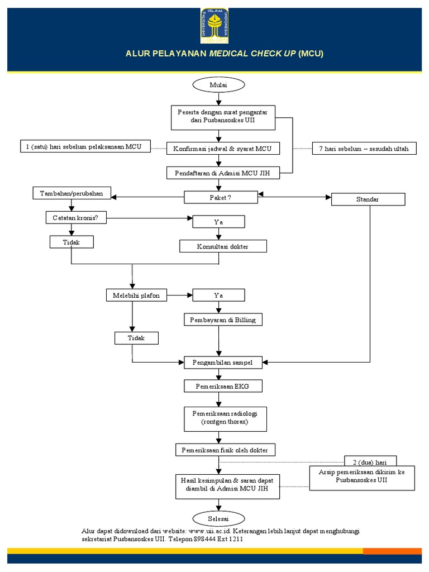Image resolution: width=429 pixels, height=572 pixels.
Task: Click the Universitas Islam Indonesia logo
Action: click(x=214, y=26)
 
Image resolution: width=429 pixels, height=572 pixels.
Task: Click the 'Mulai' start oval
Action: click(x=218, y=84)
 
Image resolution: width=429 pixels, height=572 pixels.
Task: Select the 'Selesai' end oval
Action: click(x=218, y=518)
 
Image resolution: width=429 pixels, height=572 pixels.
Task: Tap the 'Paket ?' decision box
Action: click(x=221, y=197)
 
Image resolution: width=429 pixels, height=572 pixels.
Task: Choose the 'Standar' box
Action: click(x=367, y=199)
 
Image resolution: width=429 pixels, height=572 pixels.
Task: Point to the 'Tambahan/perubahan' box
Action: click(x=71, y=194)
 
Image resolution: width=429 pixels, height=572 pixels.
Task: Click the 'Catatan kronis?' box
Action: click(x=76, y=217)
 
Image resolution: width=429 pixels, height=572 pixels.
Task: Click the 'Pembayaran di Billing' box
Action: click(x=222, y=320)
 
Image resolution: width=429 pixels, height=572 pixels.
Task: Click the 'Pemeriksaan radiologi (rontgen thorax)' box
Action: click(x=224, y=418)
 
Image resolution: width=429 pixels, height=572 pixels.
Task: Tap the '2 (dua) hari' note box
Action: click(x=370, y=461)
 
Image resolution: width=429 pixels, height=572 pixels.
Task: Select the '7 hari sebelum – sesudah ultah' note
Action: click(x=364, y=149)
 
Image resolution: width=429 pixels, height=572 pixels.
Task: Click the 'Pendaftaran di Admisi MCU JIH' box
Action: click(x=222, y=173)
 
